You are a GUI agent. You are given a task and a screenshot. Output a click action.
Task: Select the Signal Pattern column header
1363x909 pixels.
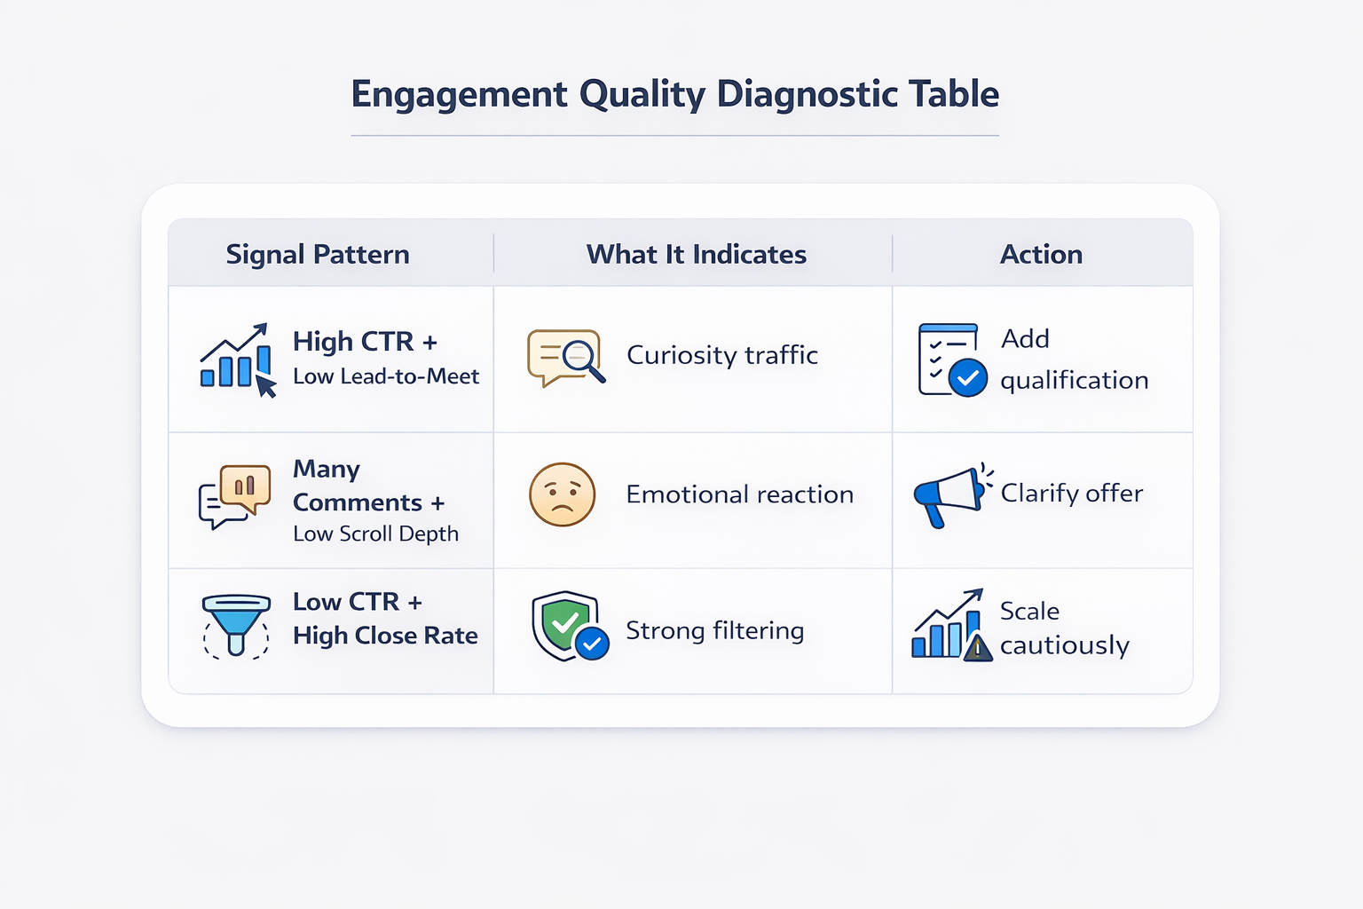coord(318,255)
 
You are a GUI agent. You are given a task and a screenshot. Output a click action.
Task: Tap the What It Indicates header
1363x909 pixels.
coord(696,255)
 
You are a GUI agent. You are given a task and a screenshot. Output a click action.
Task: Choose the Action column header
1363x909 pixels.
coord(1041,255)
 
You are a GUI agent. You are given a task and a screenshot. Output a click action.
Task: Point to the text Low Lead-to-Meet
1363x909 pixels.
coord(386,376)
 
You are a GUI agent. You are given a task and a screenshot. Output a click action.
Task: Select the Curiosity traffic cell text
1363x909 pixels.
coord(721,355)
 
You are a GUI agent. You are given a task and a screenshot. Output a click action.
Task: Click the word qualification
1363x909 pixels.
coord(1074,381)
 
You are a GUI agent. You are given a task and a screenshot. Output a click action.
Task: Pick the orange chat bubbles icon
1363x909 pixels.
coord(234,495)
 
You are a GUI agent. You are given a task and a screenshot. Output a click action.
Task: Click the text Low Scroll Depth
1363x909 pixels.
coord(375,534)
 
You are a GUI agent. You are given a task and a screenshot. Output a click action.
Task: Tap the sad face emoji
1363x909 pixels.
coord(562,494)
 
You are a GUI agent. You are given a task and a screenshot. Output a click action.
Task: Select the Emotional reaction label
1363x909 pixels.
coord(739,494)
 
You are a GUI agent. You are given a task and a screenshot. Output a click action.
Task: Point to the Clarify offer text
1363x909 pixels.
coord(1071,494)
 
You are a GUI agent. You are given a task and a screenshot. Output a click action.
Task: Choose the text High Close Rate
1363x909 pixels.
coord(385,636)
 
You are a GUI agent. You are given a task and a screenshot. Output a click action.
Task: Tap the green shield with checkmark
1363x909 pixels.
coord(565,625)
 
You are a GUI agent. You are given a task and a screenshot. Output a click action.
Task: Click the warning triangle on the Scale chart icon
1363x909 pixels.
coord(978,649)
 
